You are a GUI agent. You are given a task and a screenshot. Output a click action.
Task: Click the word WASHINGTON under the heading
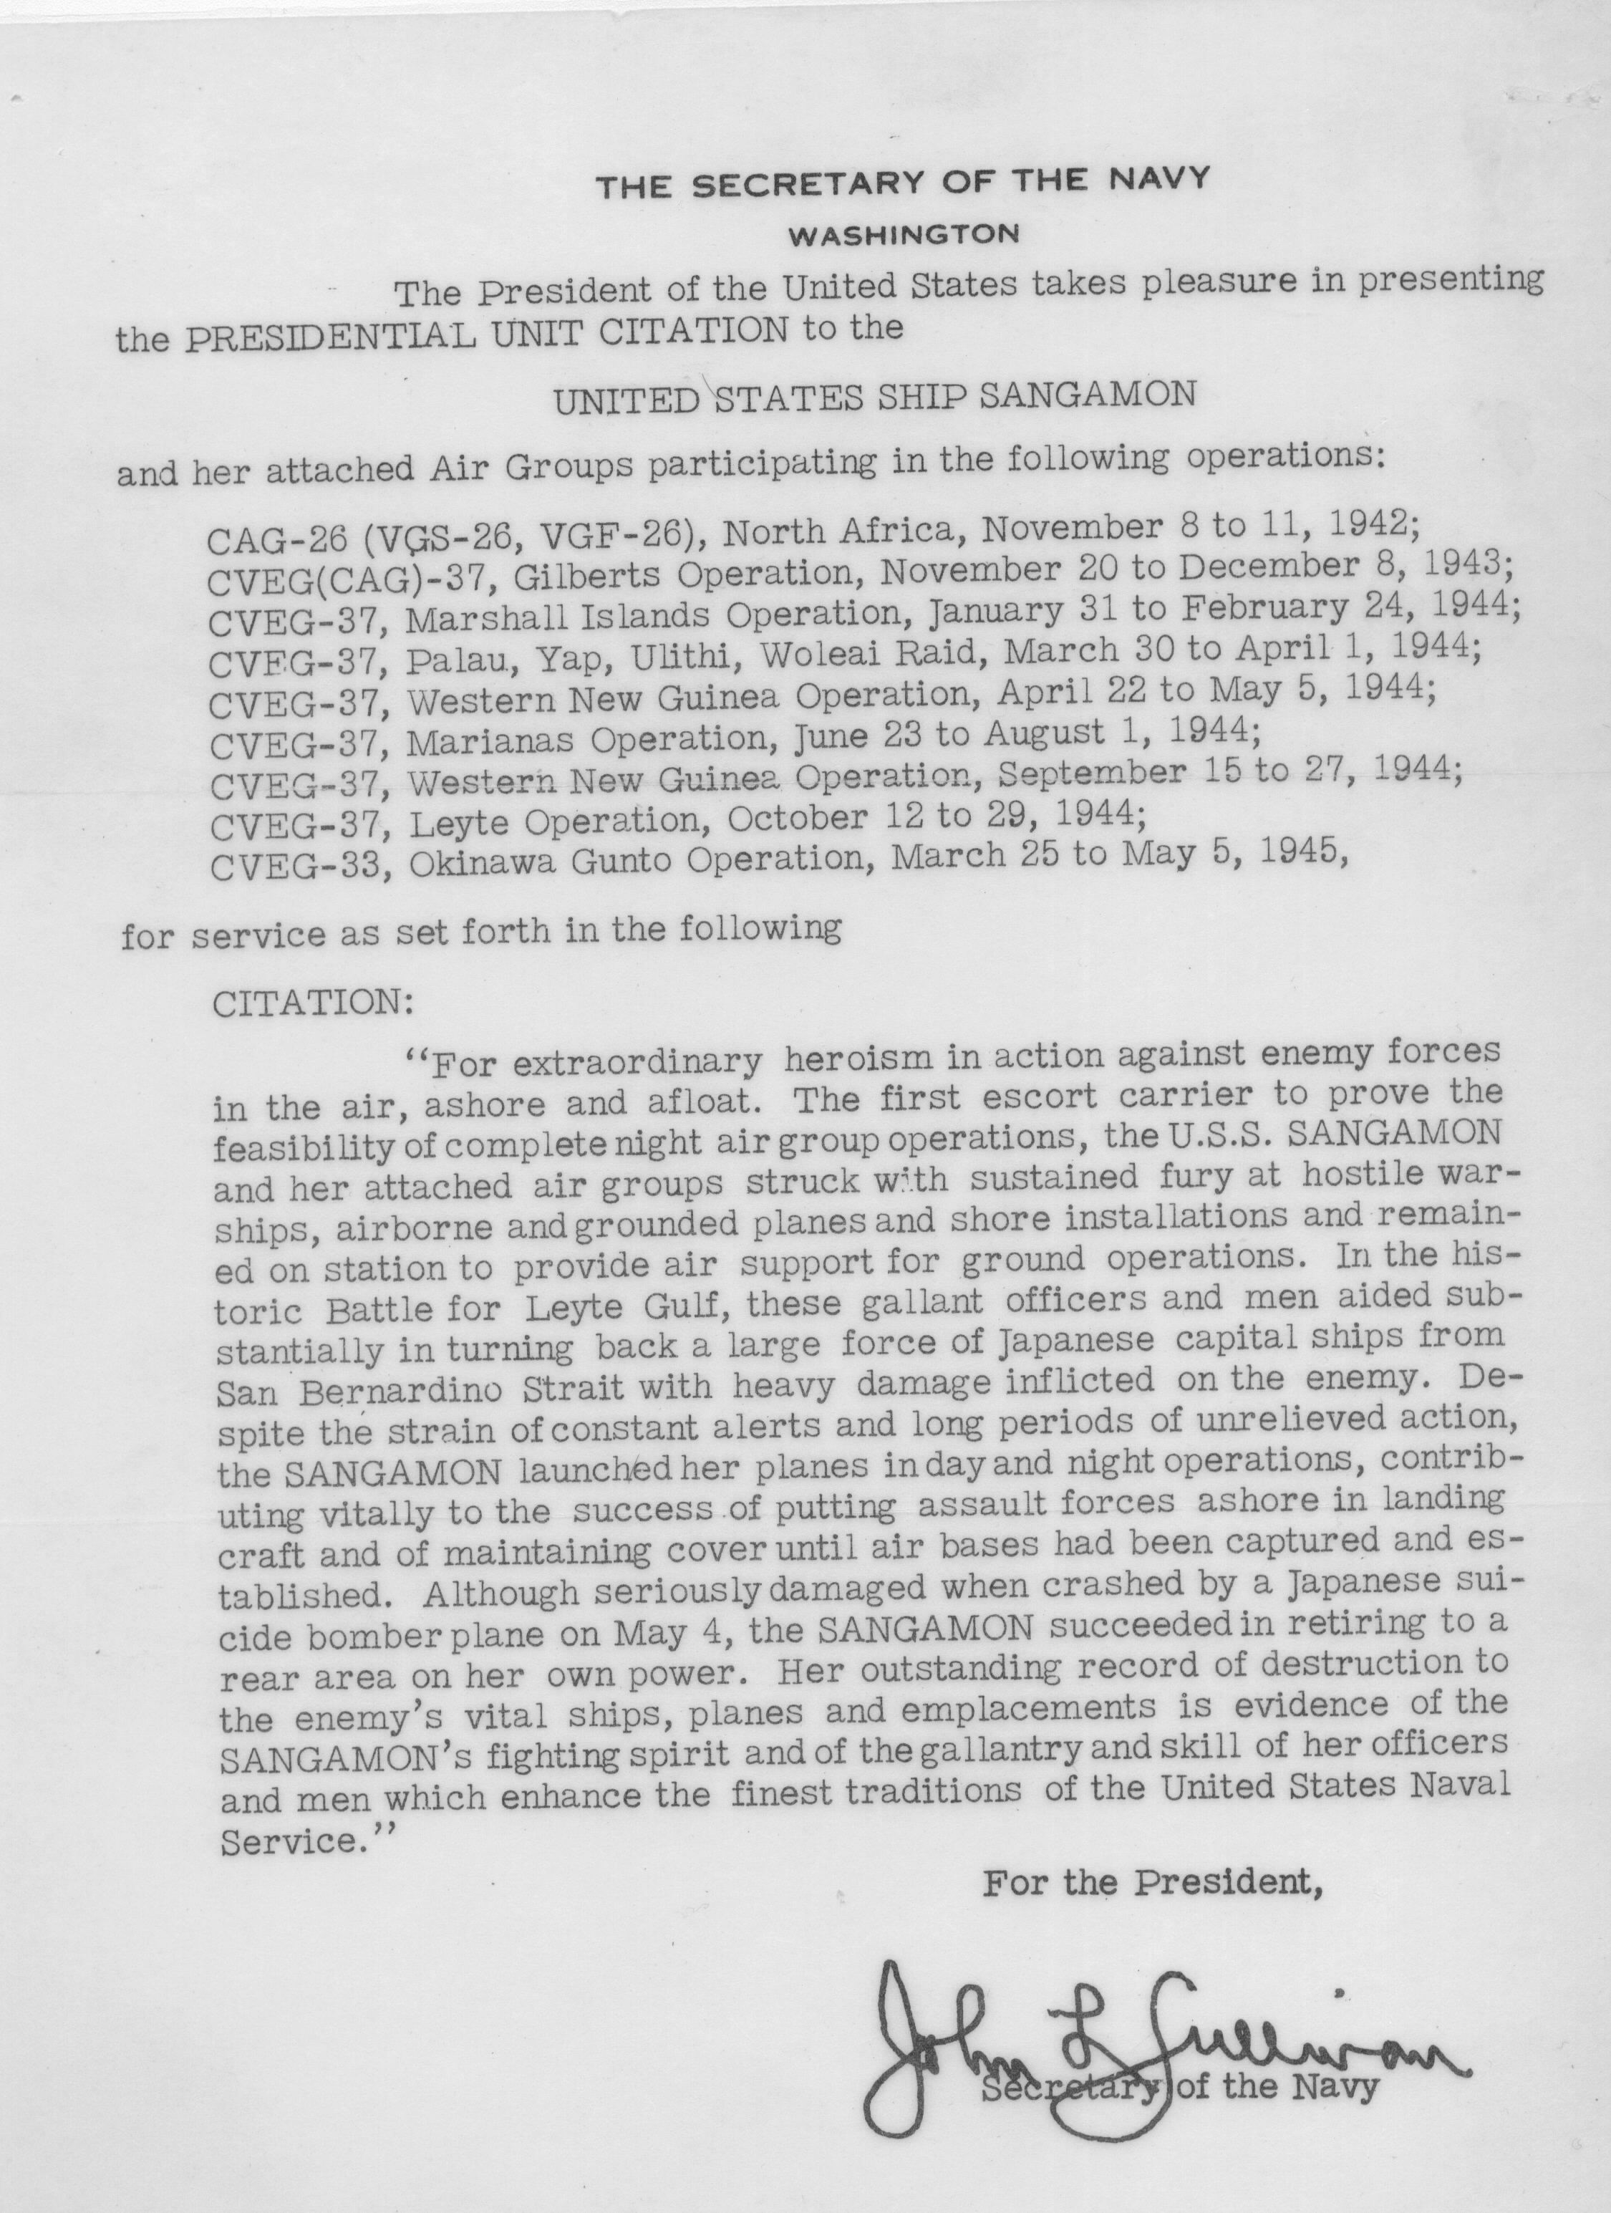click(x=904, y=234)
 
